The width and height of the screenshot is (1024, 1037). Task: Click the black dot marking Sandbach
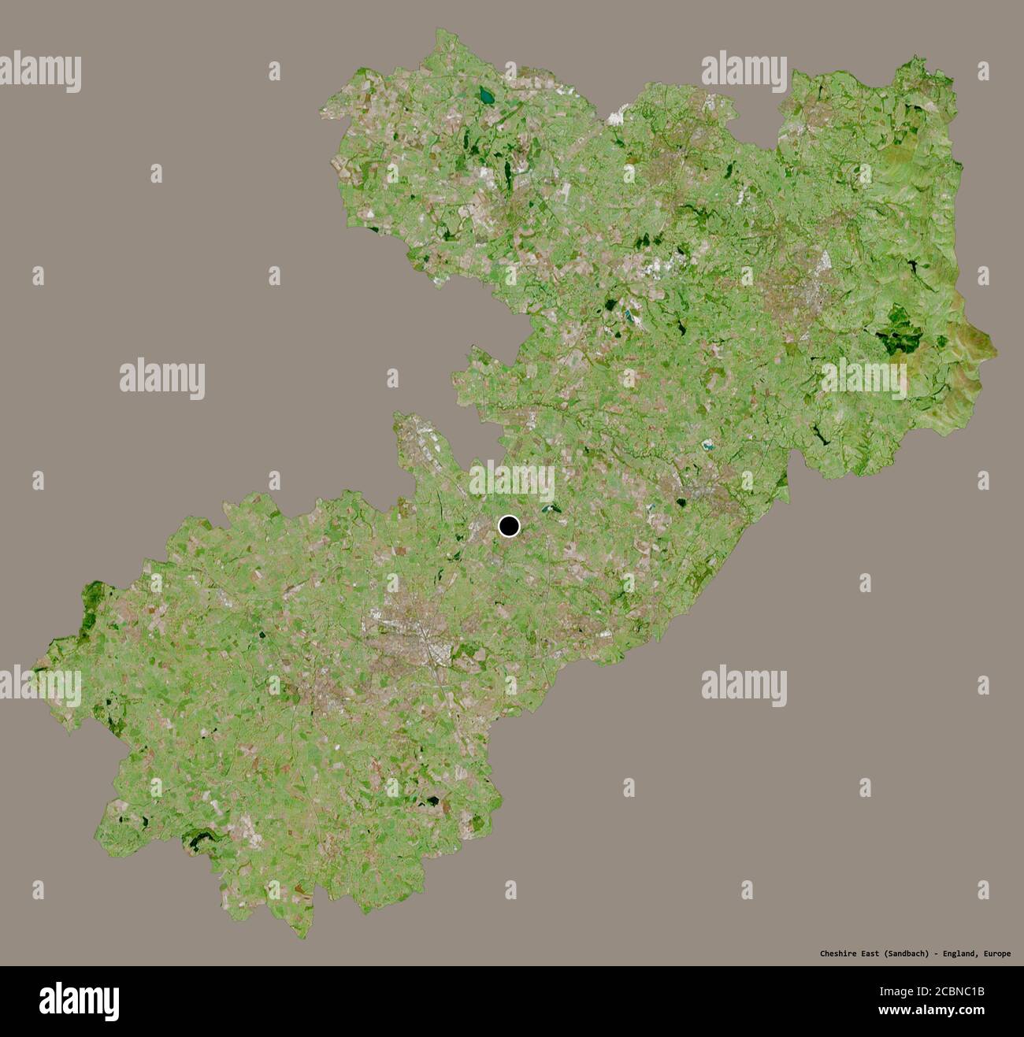pos(510,526)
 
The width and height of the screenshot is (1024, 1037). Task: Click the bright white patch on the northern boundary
pos(615,119)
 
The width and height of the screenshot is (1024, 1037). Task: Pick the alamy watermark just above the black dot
pos(512,482)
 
